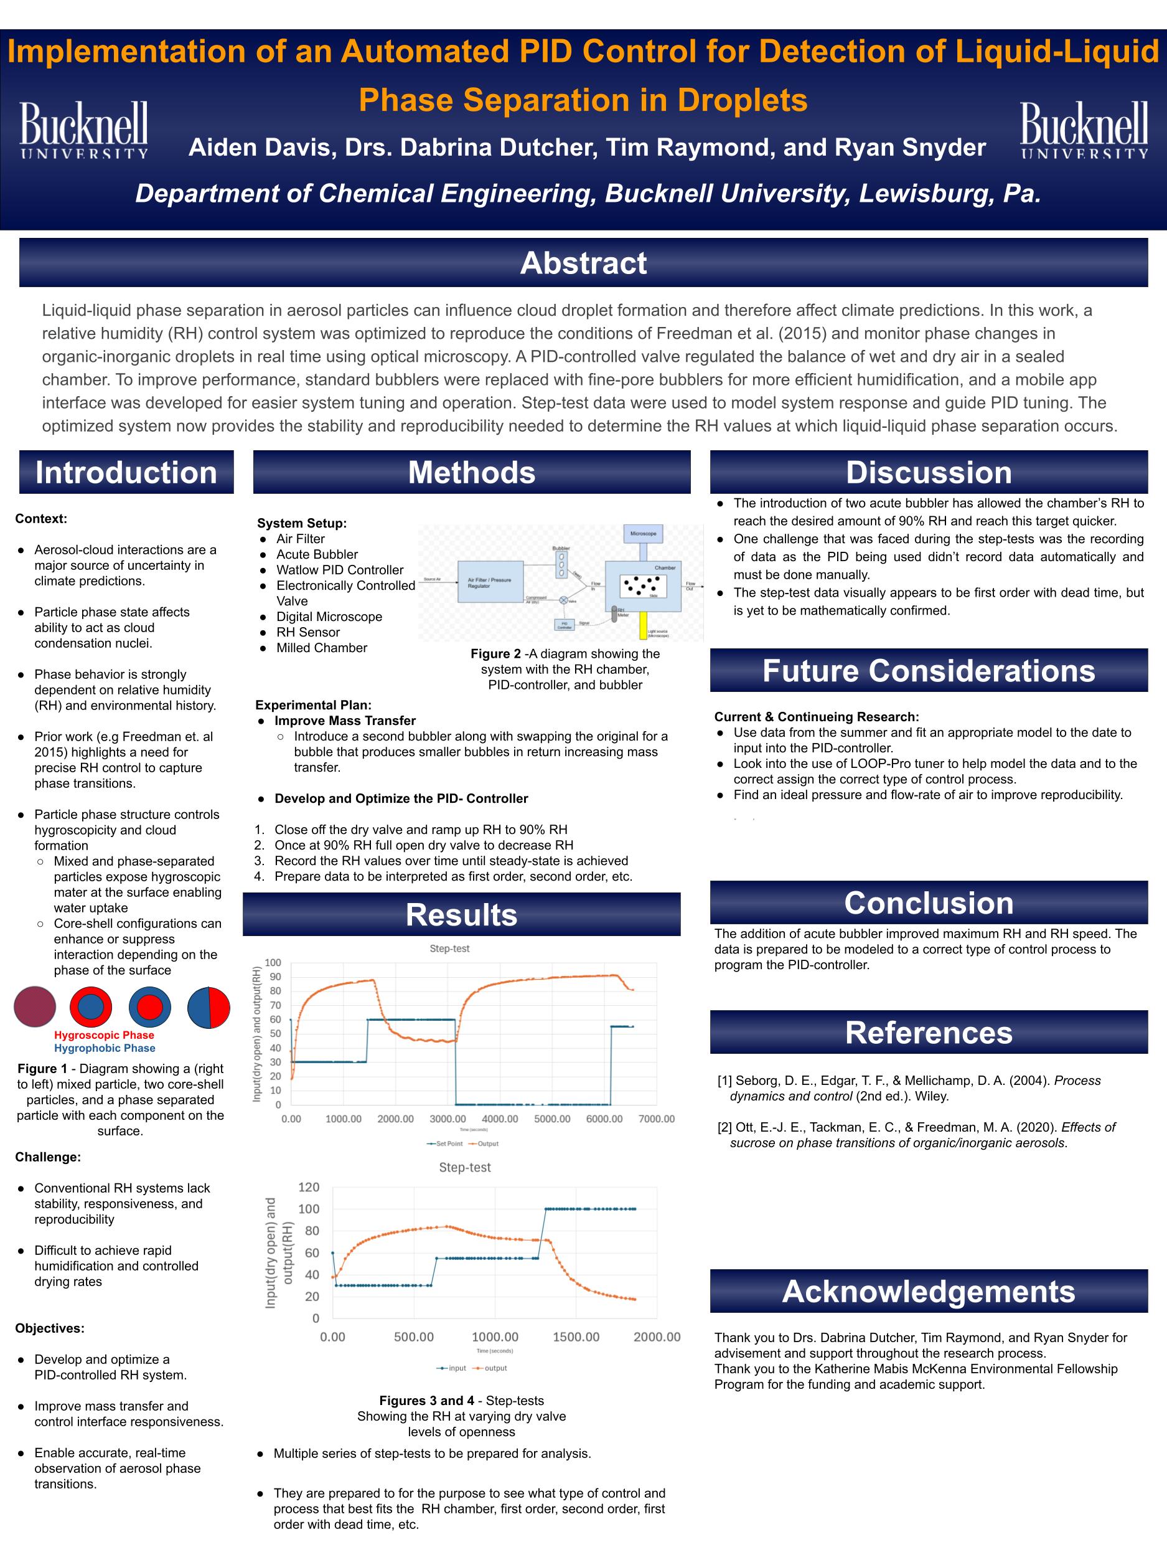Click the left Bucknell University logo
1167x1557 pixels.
coord(83,130)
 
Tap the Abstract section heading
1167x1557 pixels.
coord(583,263)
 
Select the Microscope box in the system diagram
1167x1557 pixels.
coord(643,534)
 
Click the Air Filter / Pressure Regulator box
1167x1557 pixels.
coord(490,582)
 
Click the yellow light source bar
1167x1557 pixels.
coord(642,623)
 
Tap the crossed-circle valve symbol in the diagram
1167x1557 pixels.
coord(563,600)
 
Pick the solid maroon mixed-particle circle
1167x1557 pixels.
coord(34,1007)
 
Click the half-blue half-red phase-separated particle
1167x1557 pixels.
coord(209,1007)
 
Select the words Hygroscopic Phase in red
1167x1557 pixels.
coord(104,1034)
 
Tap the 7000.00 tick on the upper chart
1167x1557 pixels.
coord(656,1119)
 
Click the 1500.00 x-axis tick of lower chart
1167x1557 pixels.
coord(576,1337)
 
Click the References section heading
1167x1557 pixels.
coord(928,1033)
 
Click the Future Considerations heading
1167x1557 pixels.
coord(928,671)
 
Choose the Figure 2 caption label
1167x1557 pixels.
coord(496,654)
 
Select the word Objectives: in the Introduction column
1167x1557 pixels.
coord(50,1328)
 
